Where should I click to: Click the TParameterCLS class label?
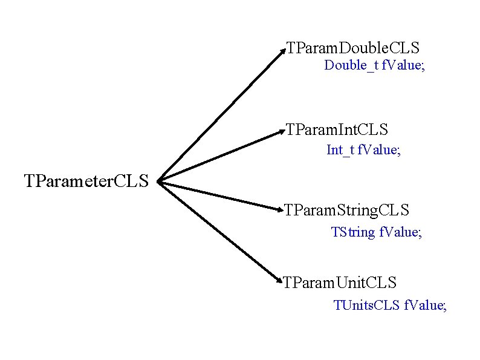86,180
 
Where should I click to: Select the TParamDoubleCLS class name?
352,47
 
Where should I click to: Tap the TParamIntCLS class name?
337,129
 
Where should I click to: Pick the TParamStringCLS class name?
347,211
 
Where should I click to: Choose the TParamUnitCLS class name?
340,283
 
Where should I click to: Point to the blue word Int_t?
340,149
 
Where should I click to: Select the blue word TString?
353,232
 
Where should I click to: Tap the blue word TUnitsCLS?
366,305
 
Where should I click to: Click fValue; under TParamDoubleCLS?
403,65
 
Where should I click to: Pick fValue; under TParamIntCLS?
379,149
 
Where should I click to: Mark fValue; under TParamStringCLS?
400,232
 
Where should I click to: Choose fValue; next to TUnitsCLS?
425,305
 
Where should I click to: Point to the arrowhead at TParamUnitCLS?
281,281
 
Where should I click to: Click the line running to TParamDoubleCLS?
221,115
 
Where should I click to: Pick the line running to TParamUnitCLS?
221,232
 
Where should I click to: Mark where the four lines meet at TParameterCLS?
159,180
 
